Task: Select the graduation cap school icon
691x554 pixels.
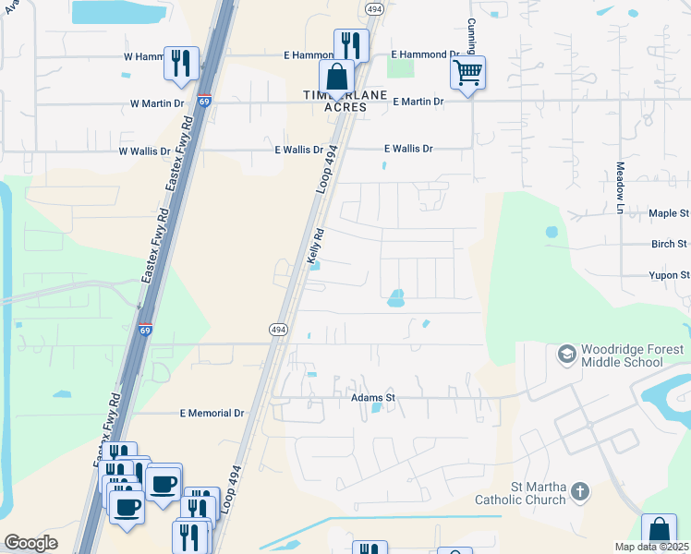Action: point(565,354)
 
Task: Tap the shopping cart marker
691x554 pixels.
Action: point(468,73)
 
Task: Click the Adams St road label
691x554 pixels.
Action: point(373,398)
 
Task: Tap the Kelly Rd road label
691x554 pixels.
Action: point(315,247)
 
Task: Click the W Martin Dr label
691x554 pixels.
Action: point(157,102)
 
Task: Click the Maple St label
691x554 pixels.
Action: point(670,213)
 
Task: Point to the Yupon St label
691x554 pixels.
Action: point(669,275)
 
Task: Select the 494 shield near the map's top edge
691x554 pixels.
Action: point(374,8)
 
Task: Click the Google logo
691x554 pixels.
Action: point(30,542)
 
